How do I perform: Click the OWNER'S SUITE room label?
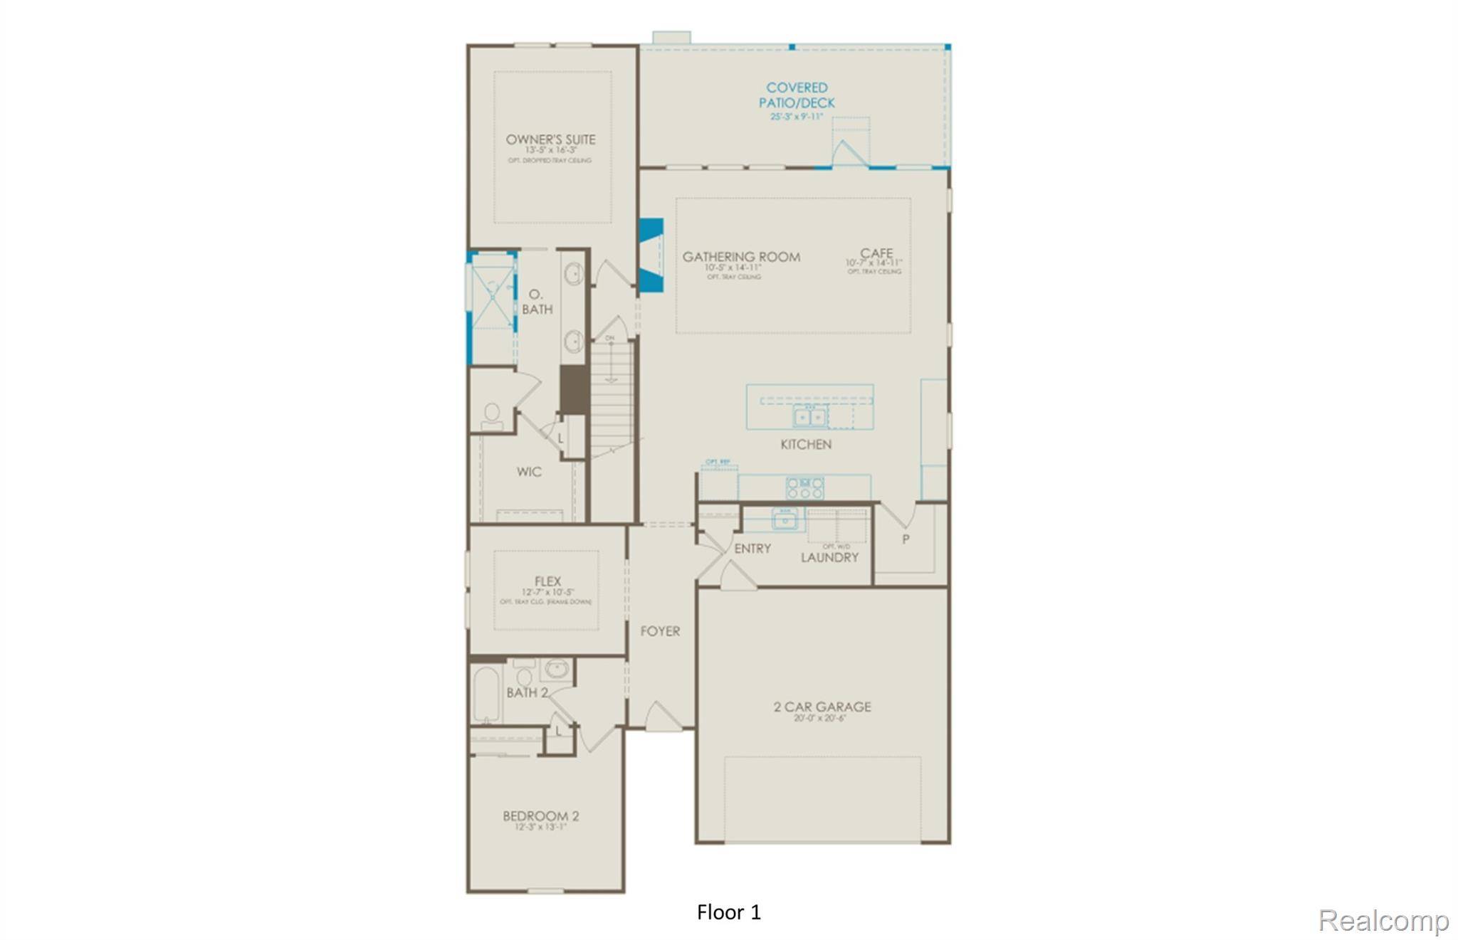point(550,139)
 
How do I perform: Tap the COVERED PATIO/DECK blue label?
point(797,95)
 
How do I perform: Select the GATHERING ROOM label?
point(741,257)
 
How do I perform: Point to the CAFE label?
point(876,253)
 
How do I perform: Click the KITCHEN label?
point(806,444)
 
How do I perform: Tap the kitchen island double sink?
point(810,416)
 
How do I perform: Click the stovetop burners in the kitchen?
point(804,487)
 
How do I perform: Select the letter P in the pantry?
point(906,539)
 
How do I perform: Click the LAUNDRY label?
point(829,557)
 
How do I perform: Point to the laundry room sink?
point(785,519)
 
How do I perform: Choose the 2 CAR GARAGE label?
point(822,707)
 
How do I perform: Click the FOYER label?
point(660,631)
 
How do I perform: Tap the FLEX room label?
point(547,581)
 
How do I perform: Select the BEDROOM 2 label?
point(540,816)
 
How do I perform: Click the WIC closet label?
point(529,472)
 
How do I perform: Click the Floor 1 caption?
point(729,912)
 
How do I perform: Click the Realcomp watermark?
point(1383,921)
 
